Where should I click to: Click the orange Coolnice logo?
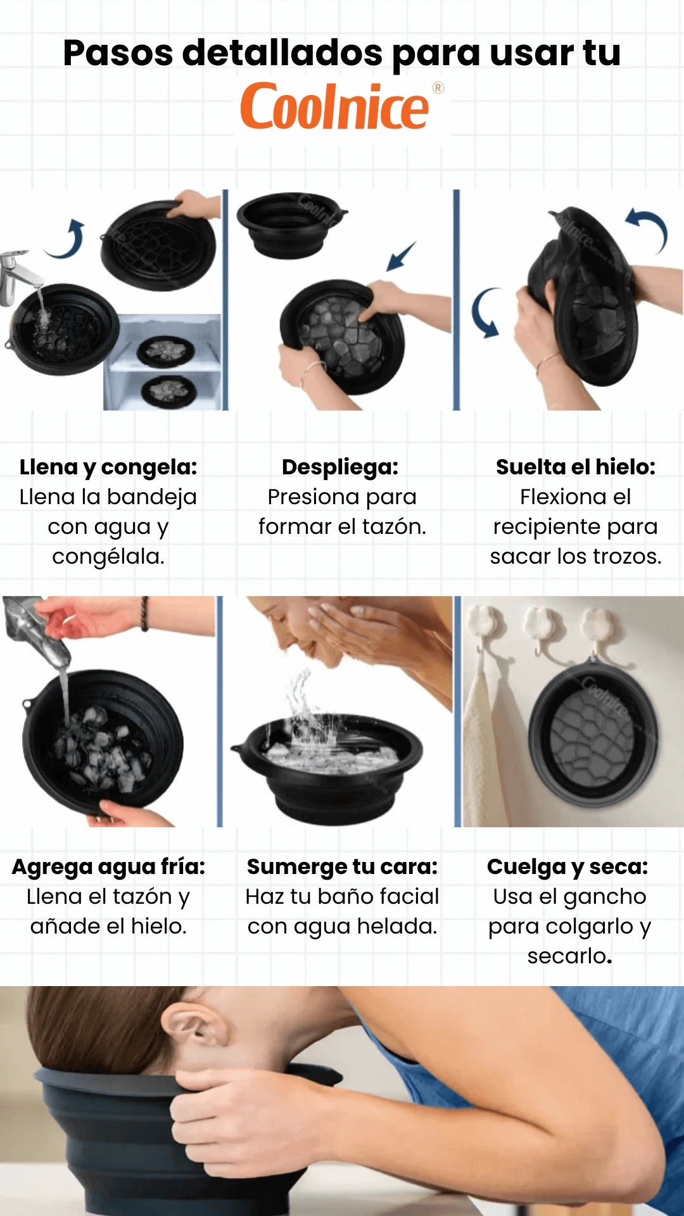(334, 106)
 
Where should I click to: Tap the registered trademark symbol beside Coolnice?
(438, 88)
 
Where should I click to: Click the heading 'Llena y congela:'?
(108, 467)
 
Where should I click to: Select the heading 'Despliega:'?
(340, 467)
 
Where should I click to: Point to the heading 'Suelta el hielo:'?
(575, 467)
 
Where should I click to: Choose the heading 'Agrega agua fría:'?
(108, 866)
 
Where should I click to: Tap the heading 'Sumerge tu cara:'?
(342, 866)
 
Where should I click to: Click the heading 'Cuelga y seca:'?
(567, 866)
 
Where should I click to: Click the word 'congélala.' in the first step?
(108, 557)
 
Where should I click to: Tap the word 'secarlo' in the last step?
(567, 956)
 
